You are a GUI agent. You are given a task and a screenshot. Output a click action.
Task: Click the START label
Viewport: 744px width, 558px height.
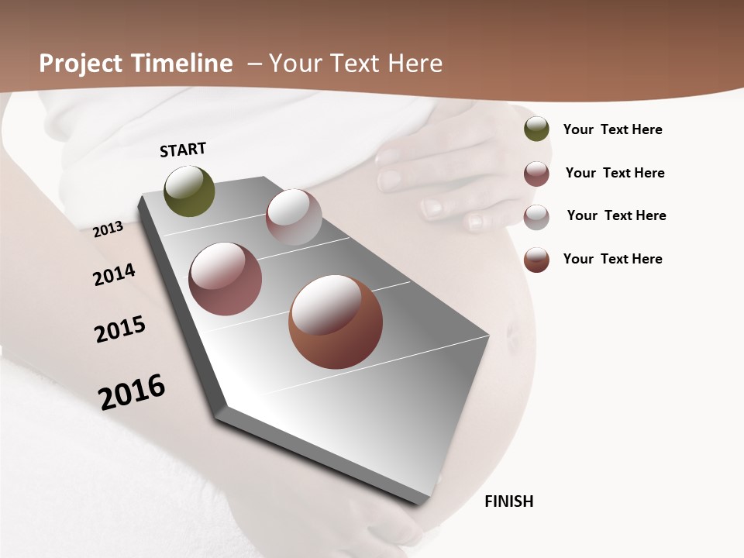[x=183, y=150]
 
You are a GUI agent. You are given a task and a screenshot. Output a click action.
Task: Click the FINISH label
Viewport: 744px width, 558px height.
[x=508, y=501]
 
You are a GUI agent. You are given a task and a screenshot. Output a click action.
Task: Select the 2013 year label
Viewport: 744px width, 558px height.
[x=108, y=229]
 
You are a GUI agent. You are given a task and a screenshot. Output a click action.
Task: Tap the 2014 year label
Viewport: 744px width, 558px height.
[x=114, y=275]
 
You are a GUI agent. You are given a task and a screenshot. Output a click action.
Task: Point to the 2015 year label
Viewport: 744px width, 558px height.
[x=120, y=329]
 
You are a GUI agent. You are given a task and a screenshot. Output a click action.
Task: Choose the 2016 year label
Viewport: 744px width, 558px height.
[x=132, y=391]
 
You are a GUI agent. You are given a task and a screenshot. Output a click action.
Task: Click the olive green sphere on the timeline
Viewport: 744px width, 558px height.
[x=190, y=191]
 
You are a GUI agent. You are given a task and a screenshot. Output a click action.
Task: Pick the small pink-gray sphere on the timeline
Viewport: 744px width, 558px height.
[x=294, y=217]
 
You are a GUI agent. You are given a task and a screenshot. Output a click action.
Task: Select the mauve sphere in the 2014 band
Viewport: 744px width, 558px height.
[x=226, y=279]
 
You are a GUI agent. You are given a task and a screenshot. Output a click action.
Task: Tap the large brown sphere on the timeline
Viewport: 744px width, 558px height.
[x=336, y=322]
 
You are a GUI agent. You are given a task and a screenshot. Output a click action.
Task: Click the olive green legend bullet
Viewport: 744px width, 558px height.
[x=536, y=129]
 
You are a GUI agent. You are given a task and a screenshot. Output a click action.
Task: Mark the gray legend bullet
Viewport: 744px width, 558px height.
[x=536, y=217]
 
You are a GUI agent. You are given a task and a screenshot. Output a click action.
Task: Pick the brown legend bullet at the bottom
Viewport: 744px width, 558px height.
[x=536, y=260]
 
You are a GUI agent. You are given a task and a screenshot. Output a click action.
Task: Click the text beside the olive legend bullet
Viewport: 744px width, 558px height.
[x=612, y=129]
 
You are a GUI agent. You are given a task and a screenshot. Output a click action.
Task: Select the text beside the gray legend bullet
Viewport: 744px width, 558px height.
[x=616, y=215]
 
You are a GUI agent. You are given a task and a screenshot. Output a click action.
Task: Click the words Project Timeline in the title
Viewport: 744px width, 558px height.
[x=136, y=64]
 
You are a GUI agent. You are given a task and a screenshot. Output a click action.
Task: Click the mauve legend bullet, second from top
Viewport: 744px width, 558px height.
[x=536, y=174]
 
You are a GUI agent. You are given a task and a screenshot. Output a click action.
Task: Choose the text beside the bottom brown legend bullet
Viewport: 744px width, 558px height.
[x=612, y=259]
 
